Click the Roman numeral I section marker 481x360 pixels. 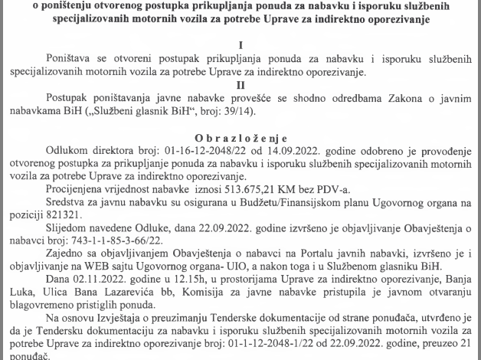click(x=240, y=45)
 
